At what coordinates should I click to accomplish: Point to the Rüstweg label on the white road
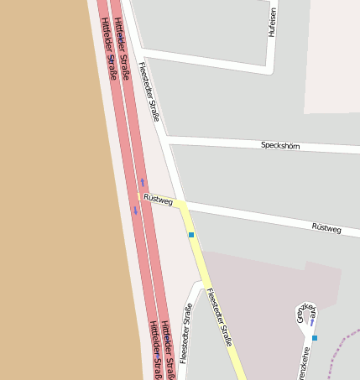(x=326, y=227)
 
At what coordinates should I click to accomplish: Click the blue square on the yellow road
(x=191, y=235)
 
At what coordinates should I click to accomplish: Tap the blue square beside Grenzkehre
(x=315, y=337)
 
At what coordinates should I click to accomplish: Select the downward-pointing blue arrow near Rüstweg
(x=135, y=210)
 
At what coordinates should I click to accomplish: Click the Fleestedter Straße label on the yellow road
(x=218, y=317)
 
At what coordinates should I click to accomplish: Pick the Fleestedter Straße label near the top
(x=149, y=91)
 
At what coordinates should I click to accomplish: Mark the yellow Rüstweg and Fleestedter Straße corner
(x=182, y=206)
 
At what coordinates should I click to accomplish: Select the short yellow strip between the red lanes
(x=138, y=196)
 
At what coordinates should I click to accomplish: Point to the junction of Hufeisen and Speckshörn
(x=270, y=70)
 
